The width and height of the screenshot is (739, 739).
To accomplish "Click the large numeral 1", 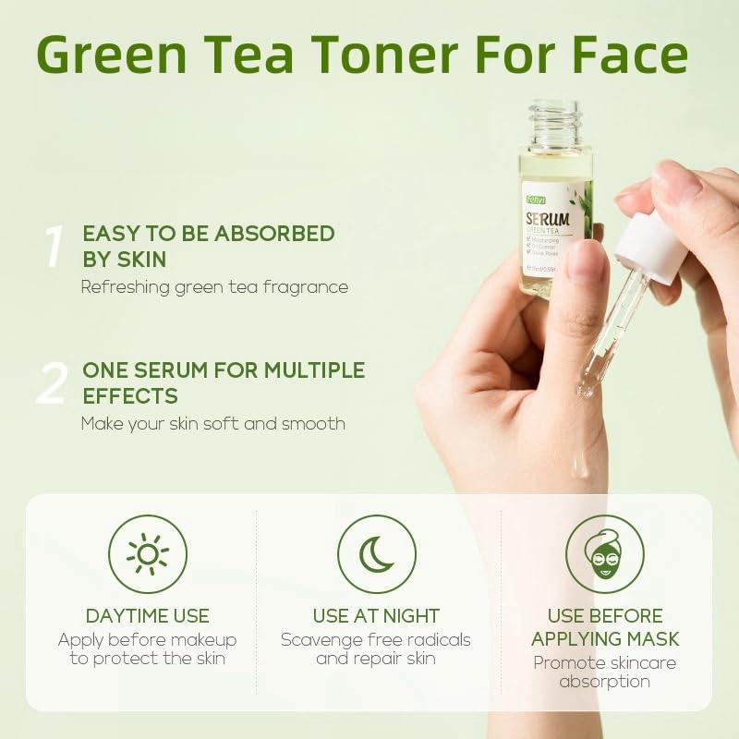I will click(55, 247).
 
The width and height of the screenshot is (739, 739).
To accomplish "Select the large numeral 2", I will click(52, 383).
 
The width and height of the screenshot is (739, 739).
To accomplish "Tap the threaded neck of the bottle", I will click(555, 126).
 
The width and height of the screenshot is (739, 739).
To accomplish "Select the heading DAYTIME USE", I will click(148, 615).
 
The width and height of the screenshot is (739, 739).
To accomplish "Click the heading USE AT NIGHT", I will click(376, 615).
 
